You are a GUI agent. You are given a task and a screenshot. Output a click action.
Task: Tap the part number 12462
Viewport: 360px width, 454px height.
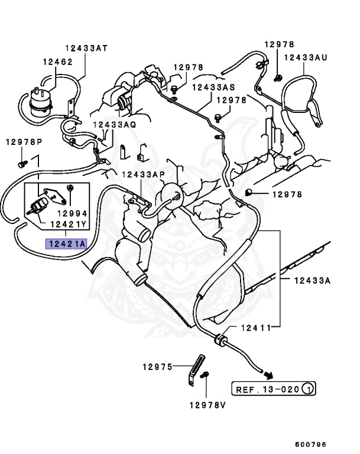coord(57,61)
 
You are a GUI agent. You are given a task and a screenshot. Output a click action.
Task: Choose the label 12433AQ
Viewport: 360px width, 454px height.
coord(114,125)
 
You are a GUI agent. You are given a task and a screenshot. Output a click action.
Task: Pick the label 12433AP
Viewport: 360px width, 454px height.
coord(144,175)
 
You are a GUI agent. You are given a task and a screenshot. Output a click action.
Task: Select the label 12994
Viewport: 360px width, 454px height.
coord(72,213)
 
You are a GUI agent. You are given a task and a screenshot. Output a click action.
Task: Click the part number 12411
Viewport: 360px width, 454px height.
coord(256,327)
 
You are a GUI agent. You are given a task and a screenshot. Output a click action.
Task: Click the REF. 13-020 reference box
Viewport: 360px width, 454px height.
coord(267,389)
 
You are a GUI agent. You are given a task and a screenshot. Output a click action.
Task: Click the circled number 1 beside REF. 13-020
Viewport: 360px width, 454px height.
coord(307,389)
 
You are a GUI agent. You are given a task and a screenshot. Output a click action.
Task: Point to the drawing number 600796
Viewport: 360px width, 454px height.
coord(311,445)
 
